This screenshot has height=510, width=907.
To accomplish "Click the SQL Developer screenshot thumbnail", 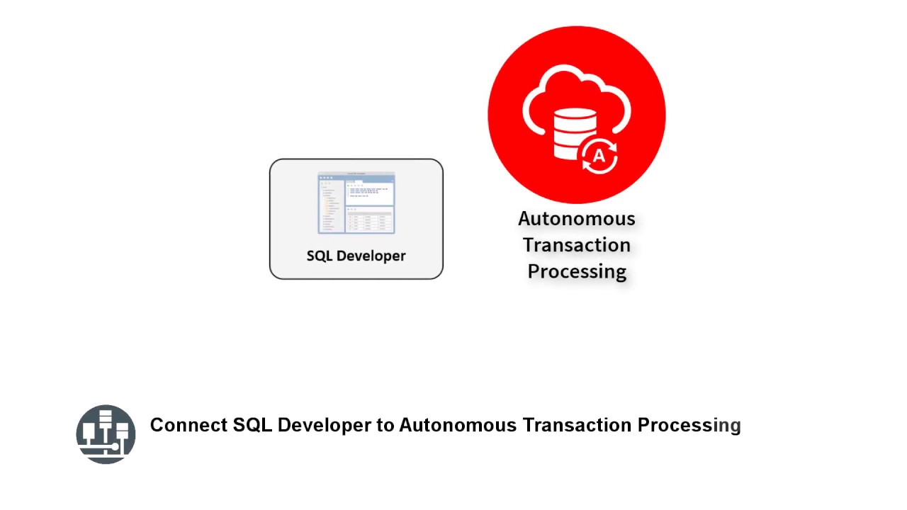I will pyautogui.click(x=356, y=203).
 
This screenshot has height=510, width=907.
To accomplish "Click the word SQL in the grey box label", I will pyautogui.click(x=320, y=256).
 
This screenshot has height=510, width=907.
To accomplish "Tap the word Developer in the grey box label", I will pyautogui.click(x=371, y=256).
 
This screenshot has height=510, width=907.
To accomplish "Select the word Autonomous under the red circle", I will pyautogui.click(x=576, y=219).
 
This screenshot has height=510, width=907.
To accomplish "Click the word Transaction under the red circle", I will pyautogui.click(x=576, y=245).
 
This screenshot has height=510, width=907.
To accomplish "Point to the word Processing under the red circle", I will pyautogui.click(x=577, y=271).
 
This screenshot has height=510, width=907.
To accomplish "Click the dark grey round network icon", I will pyautogui.click(x=106, y=434).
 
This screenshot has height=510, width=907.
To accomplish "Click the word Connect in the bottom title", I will pyautogui.click(x=188, y=425).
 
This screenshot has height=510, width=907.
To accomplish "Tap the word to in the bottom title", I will pyautogui.click(x=385, y=425).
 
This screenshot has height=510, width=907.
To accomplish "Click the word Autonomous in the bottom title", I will pyautogui.click(x=458, y=425).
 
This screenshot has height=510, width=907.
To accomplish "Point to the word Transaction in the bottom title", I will pyautogui.click(x=577, y=425).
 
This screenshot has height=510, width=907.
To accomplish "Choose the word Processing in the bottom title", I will pyautogui.click(x=689, y=426).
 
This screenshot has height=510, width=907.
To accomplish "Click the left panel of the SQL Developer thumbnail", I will pyautogui.click(x=331, y=205).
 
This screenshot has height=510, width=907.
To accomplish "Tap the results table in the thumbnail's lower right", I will pyautogui.click(x=370, y=220).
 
